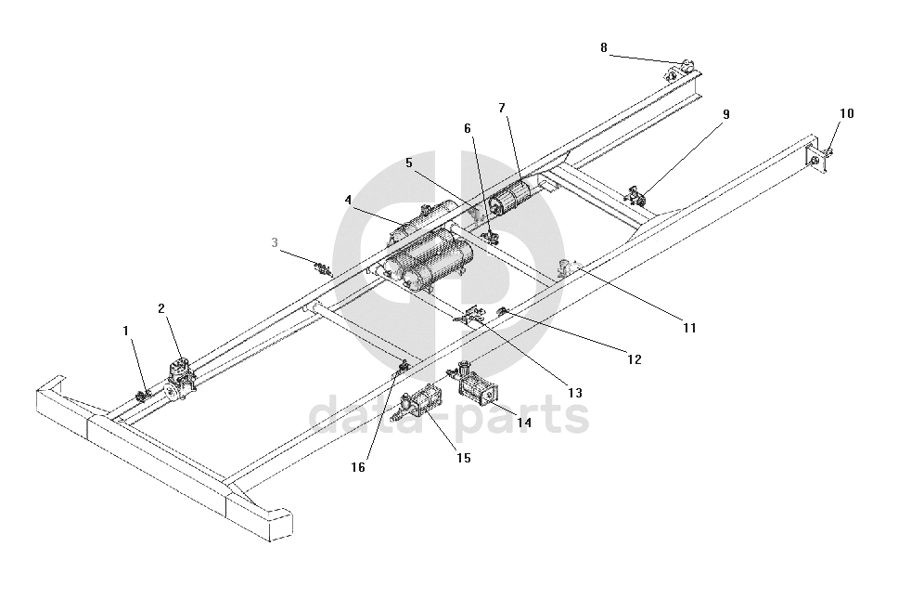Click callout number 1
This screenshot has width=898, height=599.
point(126,330)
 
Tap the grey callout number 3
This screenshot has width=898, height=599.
point(275,242)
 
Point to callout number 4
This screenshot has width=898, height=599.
point(348,200)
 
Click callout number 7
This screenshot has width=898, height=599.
point(502,108)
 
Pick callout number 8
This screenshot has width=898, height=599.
point(604,47)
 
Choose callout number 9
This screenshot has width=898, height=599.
point(726,114)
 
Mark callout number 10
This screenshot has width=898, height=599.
point(847,113)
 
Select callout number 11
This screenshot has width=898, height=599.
point(689,327)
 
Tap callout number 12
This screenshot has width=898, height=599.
point(635,358)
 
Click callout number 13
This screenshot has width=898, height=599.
point(575,393)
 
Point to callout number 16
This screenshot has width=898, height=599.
point(358,467)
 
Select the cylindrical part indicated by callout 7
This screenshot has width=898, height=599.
point(512,198)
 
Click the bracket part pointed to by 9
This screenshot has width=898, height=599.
point(636,194)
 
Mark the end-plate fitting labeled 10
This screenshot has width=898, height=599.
point(820,160)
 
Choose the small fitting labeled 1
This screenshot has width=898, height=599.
point(143,397)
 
